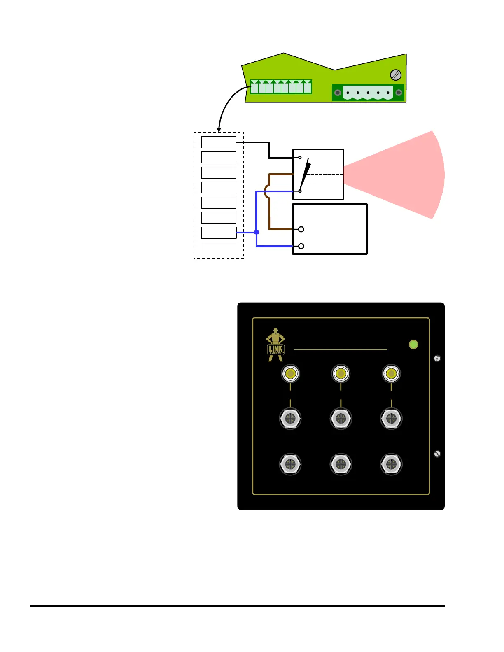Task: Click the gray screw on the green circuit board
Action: tap(395, 75)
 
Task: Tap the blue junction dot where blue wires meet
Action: tap(257, 232)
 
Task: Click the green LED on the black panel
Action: tap(413, 345)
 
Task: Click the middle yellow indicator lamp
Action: tap(341, 374)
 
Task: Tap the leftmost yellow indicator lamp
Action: tap(290, 374)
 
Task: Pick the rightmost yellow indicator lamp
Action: tap(391, 374)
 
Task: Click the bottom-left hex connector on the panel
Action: tap(290, 464)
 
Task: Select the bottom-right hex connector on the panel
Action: tap(391, 464)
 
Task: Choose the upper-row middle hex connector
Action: tap(341, 419)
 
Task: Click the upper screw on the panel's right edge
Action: tap(437, 358)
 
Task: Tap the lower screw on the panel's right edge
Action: tap(437, 454)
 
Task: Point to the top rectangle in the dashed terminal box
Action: tap(219, 142)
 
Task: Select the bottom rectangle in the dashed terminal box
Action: tap(219, 248)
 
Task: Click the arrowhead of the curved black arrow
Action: tap(219, 130)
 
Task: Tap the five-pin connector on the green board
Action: tap(368, 93)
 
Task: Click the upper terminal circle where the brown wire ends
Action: tap(301, 229)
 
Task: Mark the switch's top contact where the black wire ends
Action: tap(300, 158)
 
